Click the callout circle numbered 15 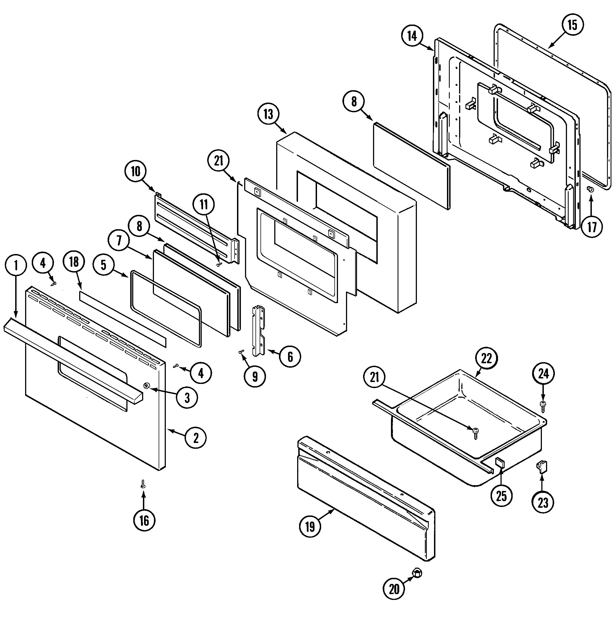click(x=572, y=25)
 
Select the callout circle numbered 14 click(x=412, y=36)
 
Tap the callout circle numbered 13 click(x=269, y=114)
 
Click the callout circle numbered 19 click(x=310, y=527)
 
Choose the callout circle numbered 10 click(x=135, y=172)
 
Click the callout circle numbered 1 click(x=16, y=265)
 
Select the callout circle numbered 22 click(x=486, y=359)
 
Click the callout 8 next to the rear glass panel click(x=354, y=102)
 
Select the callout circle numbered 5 click(x=103, y=265)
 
